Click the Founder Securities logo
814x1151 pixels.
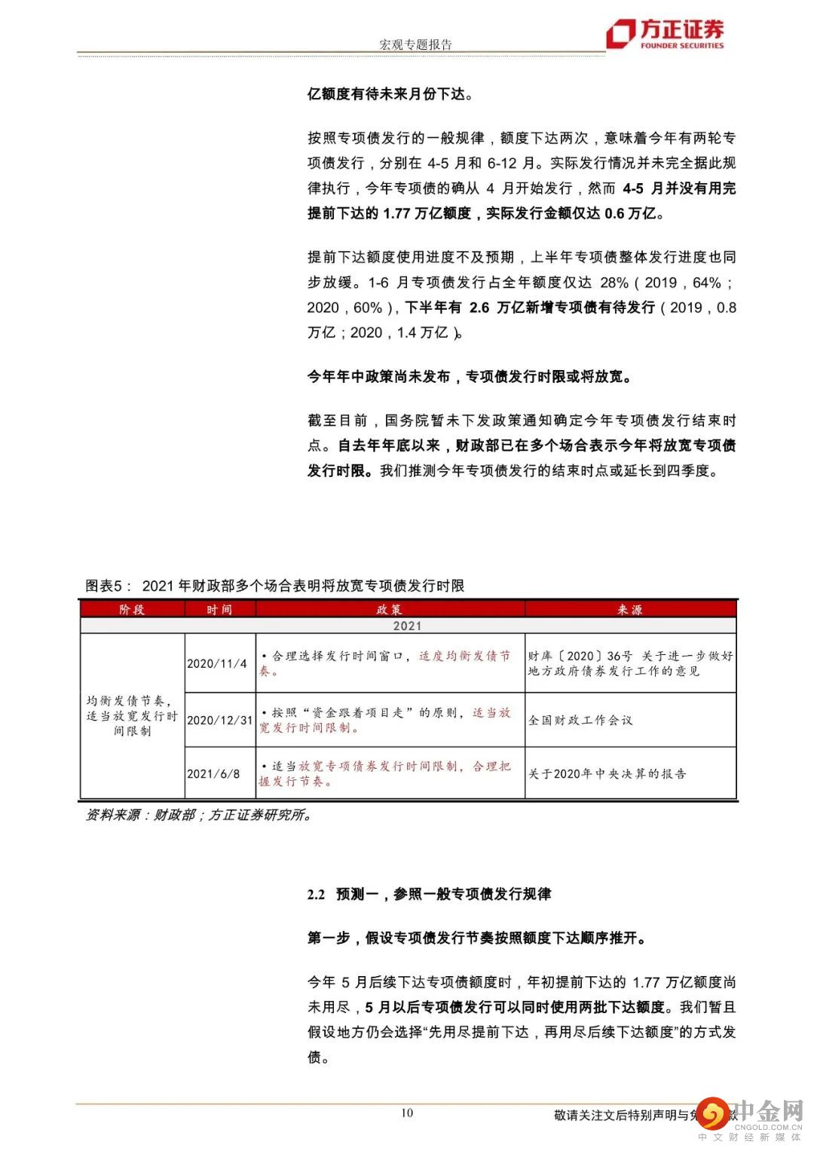tap(665, 34)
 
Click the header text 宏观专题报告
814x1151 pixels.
tap(415, 44)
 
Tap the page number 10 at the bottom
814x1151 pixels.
tap(407, 1113)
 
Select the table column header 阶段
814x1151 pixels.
tap(132, 609)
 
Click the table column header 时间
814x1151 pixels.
tap(219, 609)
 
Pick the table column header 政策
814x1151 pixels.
tap(390, 609)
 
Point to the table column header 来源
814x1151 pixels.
tap(630, 609)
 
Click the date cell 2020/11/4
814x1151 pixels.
tap(217, 663)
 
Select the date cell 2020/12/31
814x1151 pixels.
tap(219, 720)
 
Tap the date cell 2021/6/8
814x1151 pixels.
tap(213, 773)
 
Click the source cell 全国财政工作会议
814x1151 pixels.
tap(580, 720)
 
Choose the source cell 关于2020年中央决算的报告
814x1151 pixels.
tap(607, 773)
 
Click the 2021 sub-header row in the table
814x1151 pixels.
tap(407, 626)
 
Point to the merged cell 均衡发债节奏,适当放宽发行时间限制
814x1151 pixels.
tap(132, 715)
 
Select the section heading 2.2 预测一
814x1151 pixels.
tap(429, 894)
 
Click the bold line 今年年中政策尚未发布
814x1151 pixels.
tap(469, 376)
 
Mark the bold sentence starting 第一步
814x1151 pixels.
tap(476, 938)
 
